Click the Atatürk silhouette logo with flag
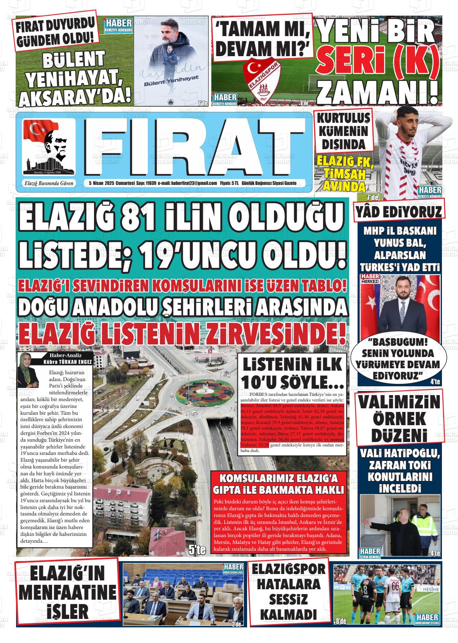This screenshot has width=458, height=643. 48,147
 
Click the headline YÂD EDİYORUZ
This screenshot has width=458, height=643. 399,212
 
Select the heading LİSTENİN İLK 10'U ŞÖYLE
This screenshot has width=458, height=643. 292,372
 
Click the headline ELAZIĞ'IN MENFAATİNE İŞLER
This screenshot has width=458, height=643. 67,592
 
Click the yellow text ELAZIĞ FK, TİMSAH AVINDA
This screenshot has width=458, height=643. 345,173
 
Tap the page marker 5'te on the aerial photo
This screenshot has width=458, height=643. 197,550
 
